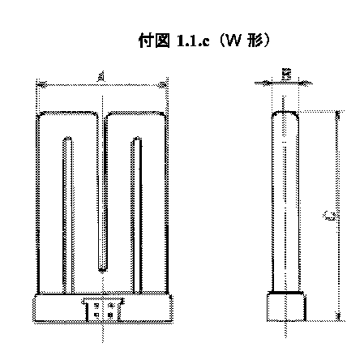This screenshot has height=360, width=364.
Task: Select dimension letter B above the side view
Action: tap(286, 75)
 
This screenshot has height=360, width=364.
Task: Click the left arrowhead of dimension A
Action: tap(41, 82)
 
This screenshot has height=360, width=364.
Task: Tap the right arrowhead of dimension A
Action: tap(166, 82)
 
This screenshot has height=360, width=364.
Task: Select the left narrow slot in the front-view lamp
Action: tap(68, 215)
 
